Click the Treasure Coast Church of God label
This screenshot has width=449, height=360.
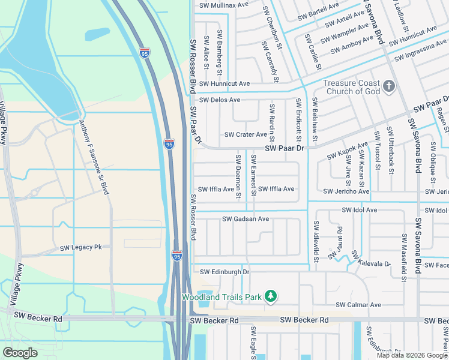coord(352,87)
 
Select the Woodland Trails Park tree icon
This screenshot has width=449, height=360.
coord(271,296)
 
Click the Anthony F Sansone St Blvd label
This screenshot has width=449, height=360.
coord(94,157)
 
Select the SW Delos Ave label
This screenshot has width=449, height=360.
coord(220,100)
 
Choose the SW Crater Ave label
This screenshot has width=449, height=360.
coord(246,135)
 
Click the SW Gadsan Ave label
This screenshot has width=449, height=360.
coord(246,220)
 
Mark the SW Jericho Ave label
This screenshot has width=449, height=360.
coord(346,191)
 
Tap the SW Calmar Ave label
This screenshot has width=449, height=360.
coord(358,305)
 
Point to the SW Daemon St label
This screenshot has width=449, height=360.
coord(238,176)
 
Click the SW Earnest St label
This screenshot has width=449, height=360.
coord(254,176)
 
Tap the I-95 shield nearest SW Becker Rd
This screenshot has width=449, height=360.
coord(176,255)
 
